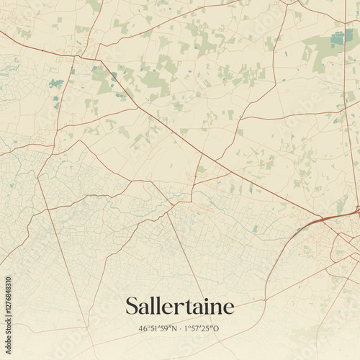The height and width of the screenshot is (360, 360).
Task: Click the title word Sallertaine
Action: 180,306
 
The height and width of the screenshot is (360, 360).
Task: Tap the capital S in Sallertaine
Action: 132,306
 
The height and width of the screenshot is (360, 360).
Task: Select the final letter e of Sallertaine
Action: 229,308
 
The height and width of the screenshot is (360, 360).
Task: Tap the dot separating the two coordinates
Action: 180,329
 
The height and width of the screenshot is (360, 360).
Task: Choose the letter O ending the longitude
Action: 217,329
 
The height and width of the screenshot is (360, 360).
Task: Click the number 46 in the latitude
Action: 143,329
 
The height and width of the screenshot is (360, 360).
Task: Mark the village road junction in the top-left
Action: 81,56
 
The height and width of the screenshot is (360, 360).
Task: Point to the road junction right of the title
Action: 266,298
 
